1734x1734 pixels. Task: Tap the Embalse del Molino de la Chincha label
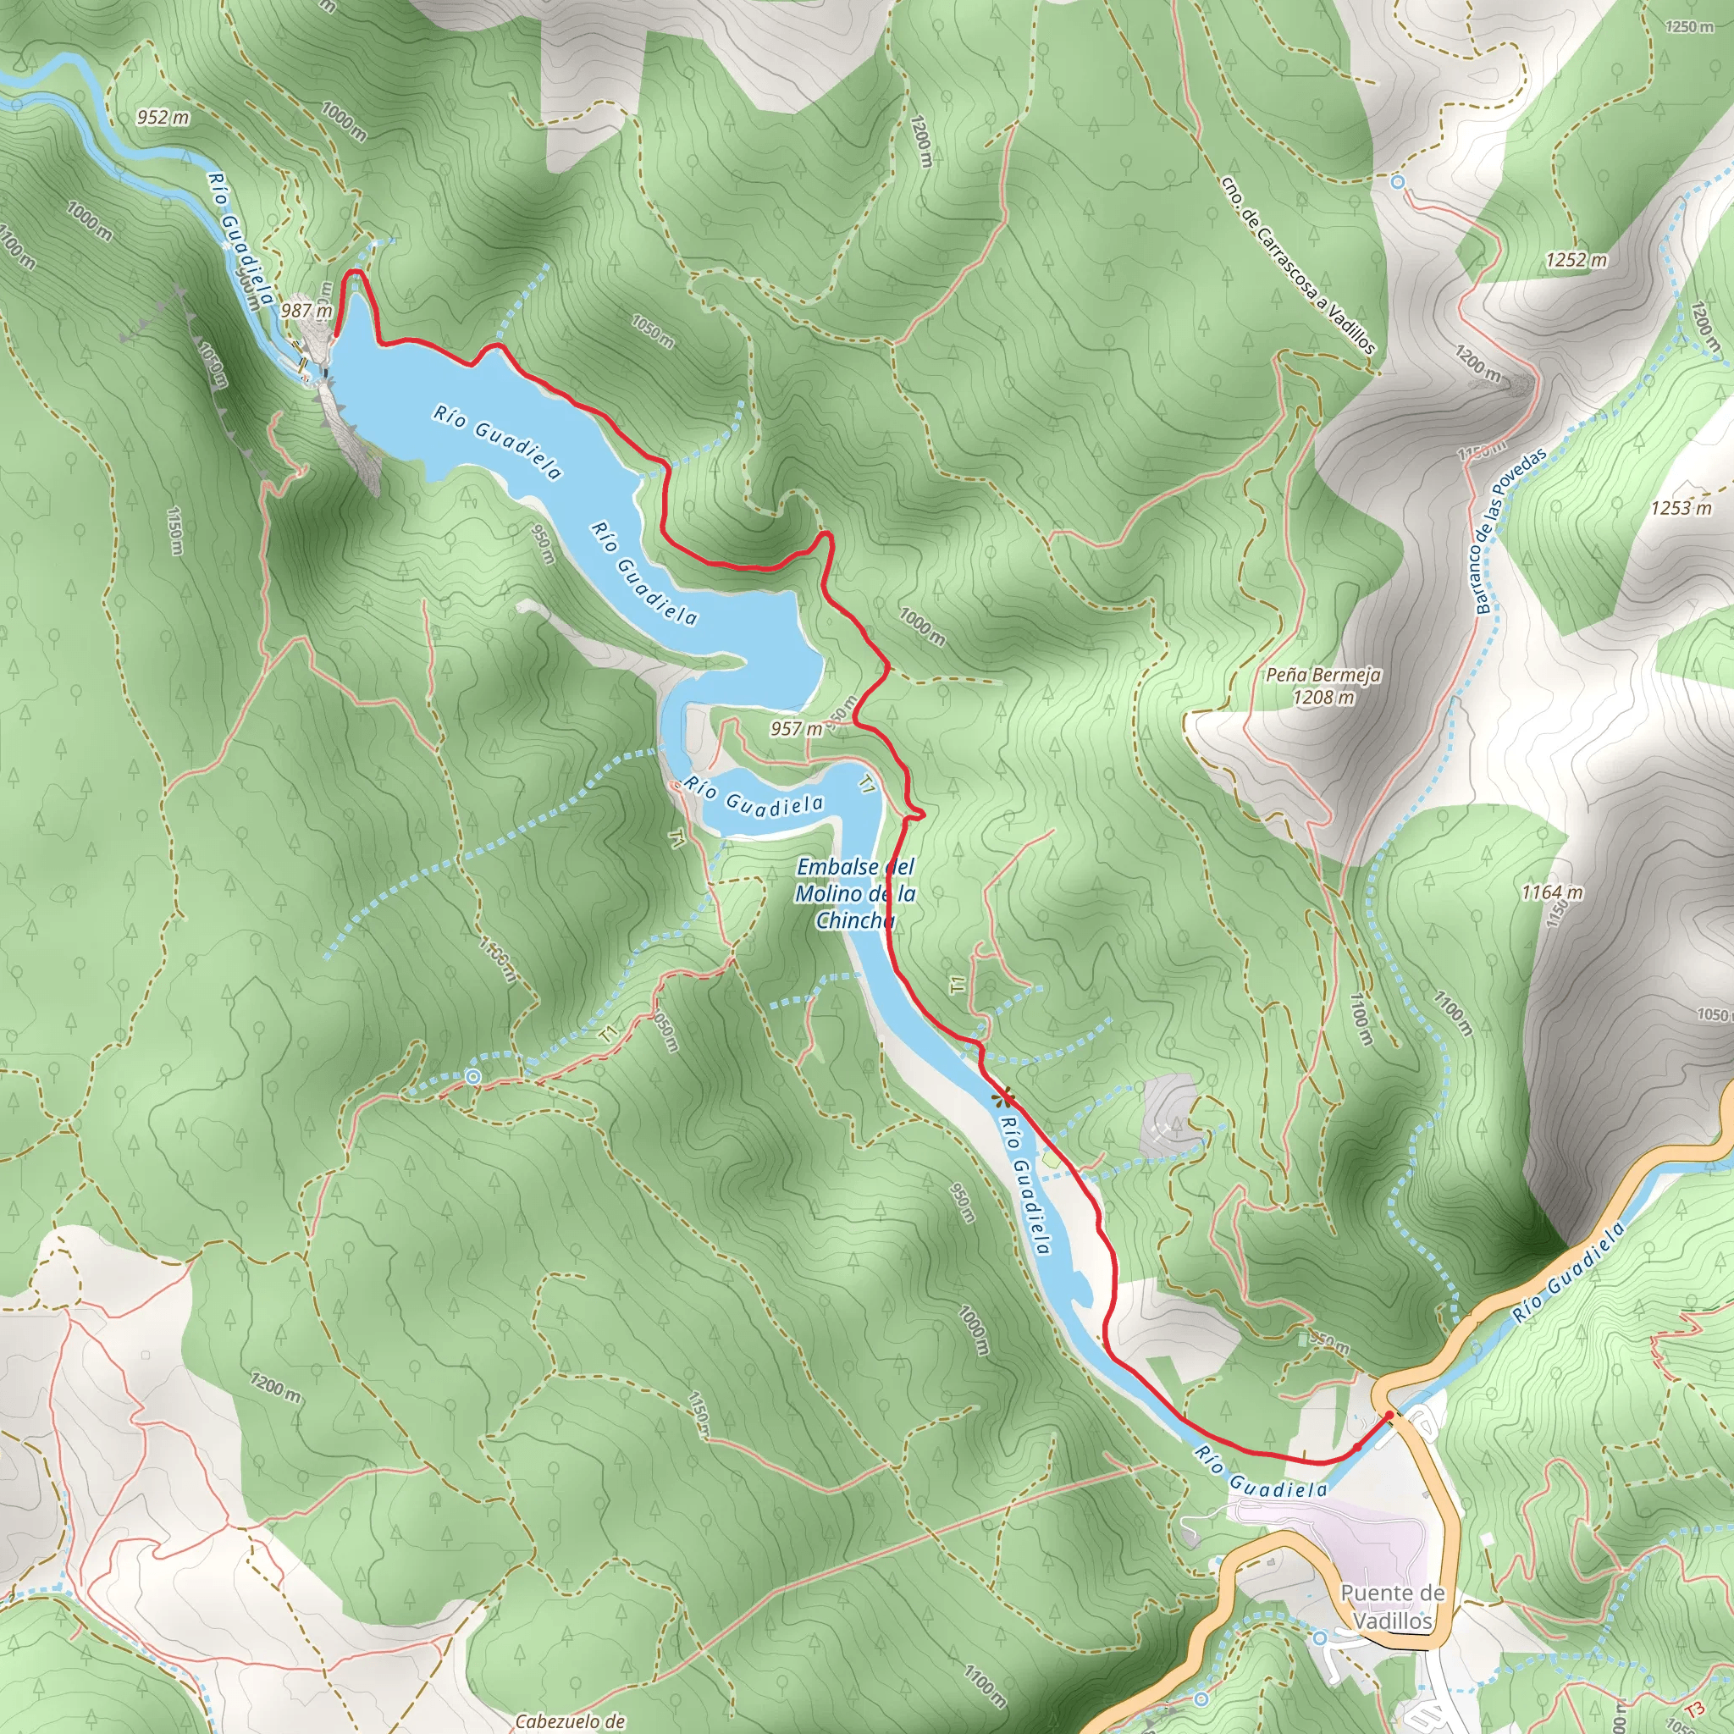[855, 893]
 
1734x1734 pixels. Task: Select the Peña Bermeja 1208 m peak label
[1324, 686]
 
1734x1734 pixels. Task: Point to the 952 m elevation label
[163, 117]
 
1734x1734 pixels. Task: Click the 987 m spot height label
[306, 311]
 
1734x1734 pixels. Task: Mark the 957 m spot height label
[796, 728]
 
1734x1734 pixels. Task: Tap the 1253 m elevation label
[1681, 508]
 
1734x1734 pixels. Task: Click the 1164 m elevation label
[1553, 892]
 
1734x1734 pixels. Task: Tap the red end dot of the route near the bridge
[1390, 1415]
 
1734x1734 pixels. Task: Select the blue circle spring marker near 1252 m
[1397, 182]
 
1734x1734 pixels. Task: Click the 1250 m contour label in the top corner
[1689, 27]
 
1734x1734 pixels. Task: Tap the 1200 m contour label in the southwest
[274, 1389]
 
